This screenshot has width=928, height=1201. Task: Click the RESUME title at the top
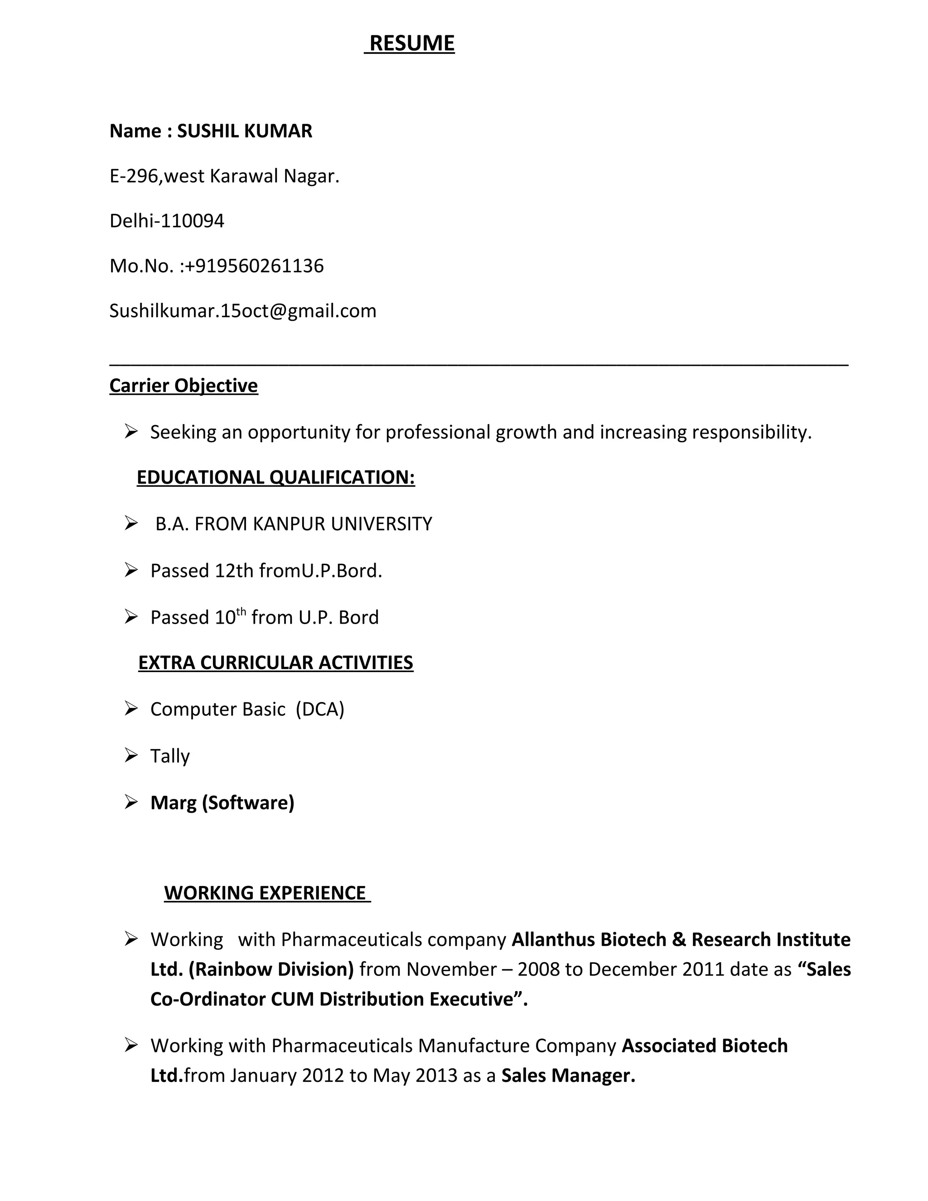click(x=412, y=44)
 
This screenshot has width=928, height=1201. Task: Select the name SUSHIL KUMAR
click(x=244, y=131)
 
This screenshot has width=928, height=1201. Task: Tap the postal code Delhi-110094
click(x=167, y=221)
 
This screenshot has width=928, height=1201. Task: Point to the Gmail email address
click(x=242, y=311)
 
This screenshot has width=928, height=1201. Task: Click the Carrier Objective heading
click(x=184, y=386)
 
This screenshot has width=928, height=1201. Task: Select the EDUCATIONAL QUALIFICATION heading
click(x=275, y=477)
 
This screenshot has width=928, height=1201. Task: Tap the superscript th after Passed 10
click(x=241, y=611)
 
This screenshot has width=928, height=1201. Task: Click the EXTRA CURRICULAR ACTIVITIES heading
click(x=275, y=663)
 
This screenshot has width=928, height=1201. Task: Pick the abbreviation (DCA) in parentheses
click(x=320, y=709)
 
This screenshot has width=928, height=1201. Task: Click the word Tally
click(x=170, y=756)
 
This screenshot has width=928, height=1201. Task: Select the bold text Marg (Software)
click(x=222, y=803)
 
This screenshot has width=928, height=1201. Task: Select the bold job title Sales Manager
click(x=568, y=1075)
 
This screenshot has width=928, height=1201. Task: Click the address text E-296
click(x=134, y=176)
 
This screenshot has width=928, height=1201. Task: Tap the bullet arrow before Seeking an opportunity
click(x=131, y=431)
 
